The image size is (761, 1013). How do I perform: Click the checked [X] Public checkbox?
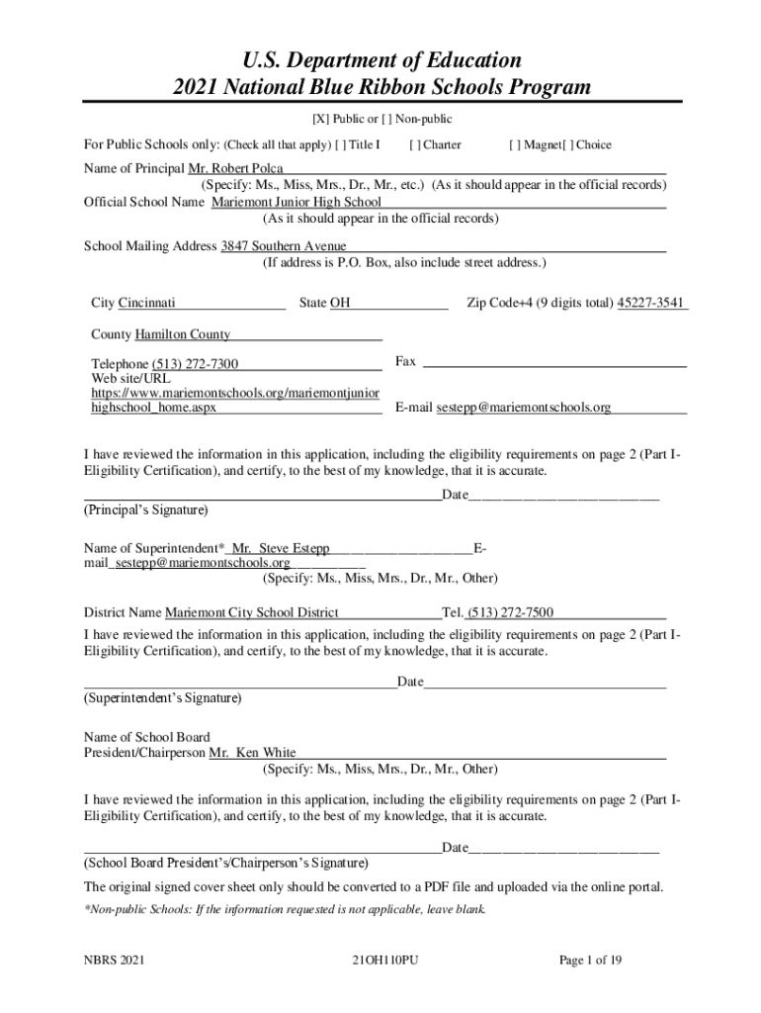[x=320, y=120]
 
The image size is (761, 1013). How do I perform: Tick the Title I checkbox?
[x=340, y=144]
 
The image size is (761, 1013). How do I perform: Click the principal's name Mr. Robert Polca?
[x=243, y=168]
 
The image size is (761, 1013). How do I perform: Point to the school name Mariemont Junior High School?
[x=296, y=202]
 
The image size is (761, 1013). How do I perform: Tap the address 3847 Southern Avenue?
[x=284, y=245]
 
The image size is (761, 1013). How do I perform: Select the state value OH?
[x=340, y=302]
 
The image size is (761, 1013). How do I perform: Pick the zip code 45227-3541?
[x=650, y=302]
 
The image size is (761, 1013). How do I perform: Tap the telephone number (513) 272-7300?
[x=195, y=364]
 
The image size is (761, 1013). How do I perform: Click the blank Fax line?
[x=553, y=362]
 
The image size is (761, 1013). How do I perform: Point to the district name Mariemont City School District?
[x=252, y=612]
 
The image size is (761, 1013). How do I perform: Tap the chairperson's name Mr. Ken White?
[x=252, y=753]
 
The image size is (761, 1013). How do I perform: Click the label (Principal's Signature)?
[x=145, y=510]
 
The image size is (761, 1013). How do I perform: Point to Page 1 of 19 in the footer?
[x=590, y=961]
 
